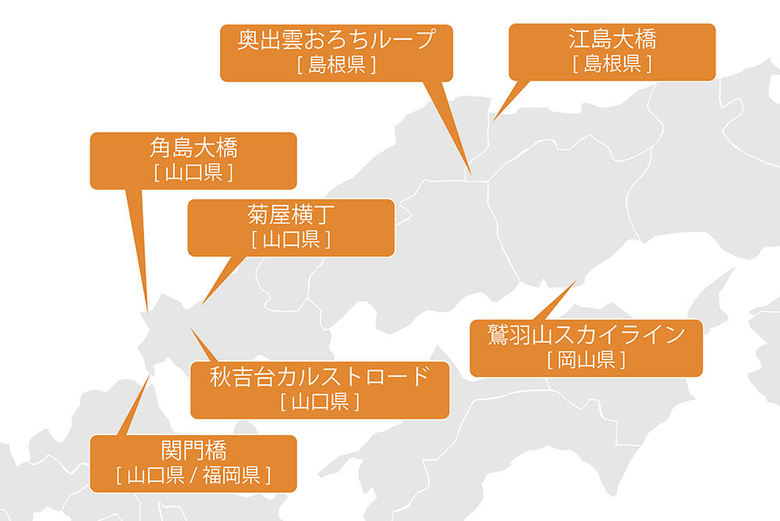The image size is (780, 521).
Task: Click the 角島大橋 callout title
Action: point(193,148)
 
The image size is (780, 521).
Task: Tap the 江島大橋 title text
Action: point(612,39)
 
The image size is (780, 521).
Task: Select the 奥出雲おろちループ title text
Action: point(336,39)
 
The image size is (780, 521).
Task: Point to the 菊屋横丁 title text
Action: point(291,214)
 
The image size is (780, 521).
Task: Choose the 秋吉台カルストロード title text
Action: point(320,376)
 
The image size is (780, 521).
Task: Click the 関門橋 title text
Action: point(193,451)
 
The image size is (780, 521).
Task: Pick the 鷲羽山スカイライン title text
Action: point(586,335)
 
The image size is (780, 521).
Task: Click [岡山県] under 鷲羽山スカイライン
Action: point(586,360)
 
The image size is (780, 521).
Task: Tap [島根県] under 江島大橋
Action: point(612,63)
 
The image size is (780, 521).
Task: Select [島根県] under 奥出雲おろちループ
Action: point(336,64)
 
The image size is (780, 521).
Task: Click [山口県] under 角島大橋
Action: point(193,172)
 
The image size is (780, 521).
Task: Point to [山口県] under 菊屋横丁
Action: point(291,239)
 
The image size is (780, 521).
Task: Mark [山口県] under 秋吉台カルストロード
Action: point(320,402)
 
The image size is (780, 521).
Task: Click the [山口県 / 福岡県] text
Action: point(193,475)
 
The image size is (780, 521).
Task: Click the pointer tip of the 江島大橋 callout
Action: point(492,122)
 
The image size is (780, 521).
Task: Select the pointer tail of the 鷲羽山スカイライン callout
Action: point(576,281)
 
